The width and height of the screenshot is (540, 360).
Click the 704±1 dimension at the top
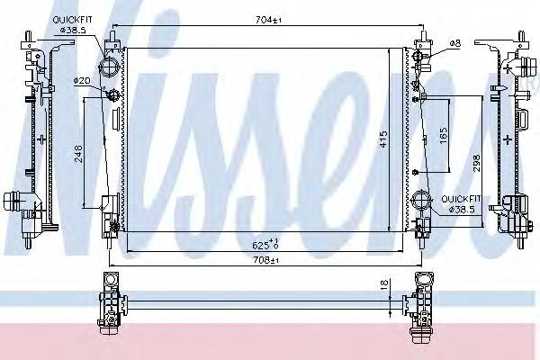[x=268, y=21]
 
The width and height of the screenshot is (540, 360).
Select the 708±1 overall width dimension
[x=265, y=260]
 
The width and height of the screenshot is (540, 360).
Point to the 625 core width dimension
[x=265, y=244]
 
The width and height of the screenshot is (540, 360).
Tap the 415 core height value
[x=383, y=139]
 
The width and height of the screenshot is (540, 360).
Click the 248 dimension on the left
[x=78, y=153]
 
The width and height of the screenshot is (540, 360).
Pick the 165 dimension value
[x=444, y=135]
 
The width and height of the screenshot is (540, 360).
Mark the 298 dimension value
[x=476, y=163]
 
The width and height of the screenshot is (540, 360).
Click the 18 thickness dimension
[x=385, y=283]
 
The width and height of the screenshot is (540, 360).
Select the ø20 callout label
[x=82, y=81]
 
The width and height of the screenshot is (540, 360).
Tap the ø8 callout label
[x=455, y=43]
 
